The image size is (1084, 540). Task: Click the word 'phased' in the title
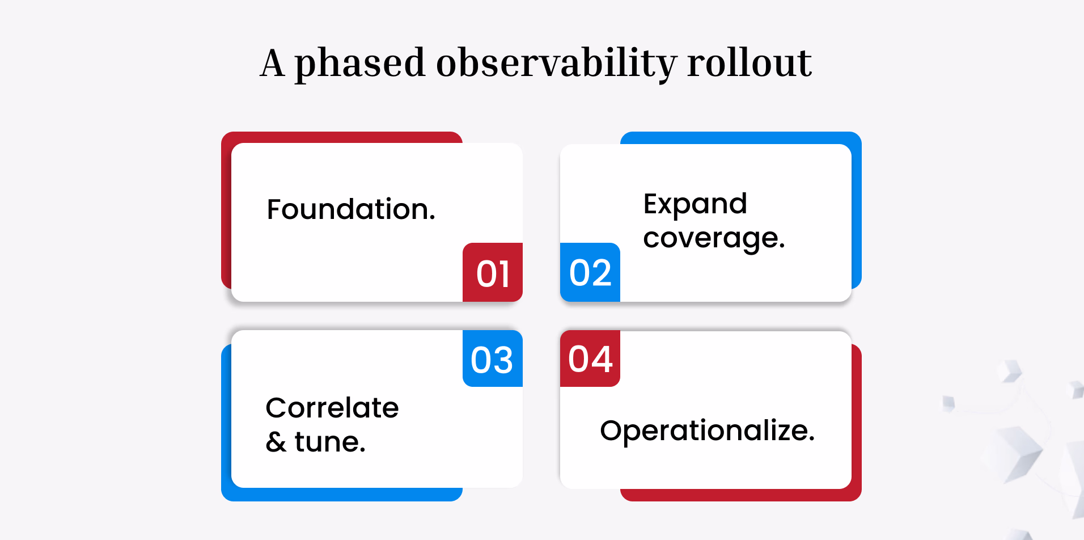point(359,64)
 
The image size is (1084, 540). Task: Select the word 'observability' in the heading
point(556,64)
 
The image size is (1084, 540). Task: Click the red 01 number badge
point(493,272)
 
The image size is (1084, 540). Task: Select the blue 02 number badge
point(590,272)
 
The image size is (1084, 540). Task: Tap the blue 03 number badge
point(493,358)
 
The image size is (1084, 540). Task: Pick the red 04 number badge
point(590,358)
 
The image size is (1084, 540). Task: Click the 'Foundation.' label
point(351,209)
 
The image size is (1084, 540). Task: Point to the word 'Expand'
point(695,204)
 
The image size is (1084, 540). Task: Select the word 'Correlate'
point(332,407)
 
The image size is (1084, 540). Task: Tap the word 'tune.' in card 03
point(330,441)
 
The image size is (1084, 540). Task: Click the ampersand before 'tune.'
point(276,442)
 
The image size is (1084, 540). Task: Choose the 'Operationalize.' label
point(708,431)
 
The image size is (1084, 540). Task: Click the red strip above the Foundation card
point(342,137)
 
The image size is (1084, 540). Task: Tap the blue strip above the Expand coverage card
point(741,137)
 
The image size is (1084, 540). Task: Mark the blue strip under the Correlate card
point(342,495)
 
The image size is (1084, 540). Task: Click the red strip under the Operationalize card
point(741,495)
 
